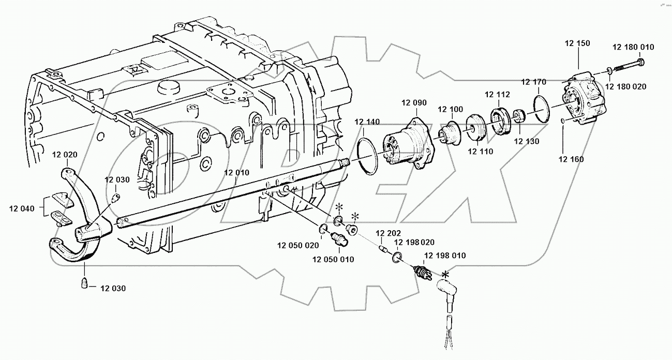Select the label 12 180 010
point(633,47)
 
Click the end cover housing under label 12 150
point(584,100)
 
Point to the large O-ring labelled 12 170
point(542,108)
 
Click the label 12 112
point(497,94)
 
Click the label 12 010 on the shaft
point(237,173)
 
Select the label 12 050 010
point(333,259)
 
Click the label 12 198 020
point(414,242)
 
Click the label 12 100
point(450,109)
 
